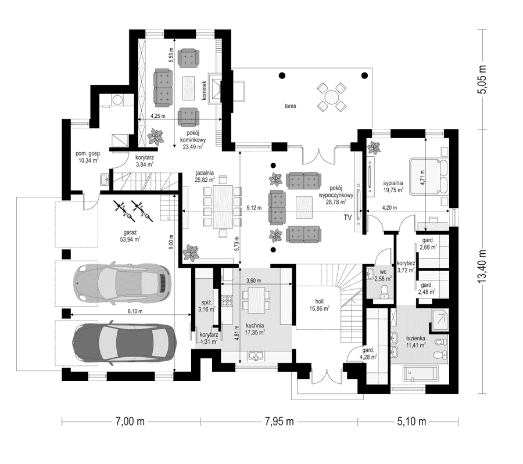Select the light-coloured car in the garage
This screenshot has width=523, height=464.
[x=122, y=283]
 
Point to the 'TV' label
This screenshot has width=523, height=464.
[x=348, y=218]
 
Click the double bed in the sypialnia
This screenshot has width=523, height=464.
[x=430, y=177]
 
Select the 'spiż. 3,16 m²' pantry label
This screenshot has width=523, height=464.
[x=206, y=305]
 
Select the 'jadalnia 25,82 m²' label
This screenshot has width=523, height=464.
[x=206, y=176]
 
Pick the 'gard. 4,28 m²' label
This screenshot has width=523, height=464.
[x=368, y=354]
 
